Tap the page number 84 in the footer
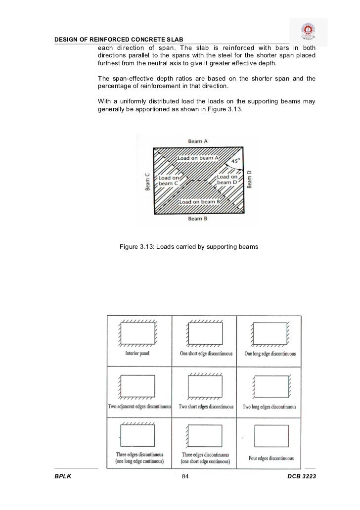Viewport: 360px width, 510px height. tap(185, 476)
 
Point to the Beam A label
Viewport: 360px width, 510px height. tap(198, 141)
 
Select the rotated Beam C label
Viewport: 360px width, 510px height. tap(146, 181)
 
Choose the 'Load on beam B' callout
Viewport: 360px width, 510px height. tap(199, 202)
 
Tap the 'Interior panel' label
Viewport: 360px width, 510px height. tap(138, 354)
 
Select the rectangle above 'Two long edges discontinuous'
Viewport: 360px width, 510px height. tap(270, 385)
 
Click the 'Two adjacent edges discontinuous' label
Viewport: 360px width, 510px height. tap(139, 407)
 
